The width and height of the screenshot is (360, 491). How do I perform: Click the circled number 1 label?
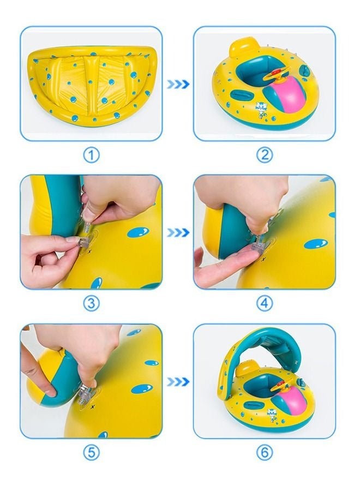(92, 155)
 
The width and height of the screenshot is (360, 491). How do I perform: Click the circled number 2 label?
(265, 155)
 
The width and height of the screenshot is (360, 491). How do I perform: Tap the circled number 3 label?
(92, 303)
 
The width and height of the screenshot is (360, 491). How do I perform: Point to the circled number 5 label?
(92, 452)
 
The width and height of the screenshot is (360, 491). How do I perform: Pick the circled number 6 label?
(265, 452)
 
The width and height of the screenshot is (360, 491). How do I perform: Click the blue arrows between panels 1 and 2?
(178, 84)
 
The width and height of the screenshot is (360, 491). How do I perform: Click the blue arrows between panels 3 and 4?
(178, 232)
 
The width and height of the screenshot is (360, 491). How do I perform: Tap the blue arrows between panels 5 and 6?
(178, 381)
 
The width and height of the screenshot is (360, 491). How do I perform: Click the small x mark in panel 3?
(90, 251)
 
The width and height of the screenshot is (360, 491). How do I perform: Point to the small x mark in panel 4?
(263, 259)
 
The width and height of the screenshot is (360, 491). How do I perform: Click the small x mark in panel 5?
(92, 407)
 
